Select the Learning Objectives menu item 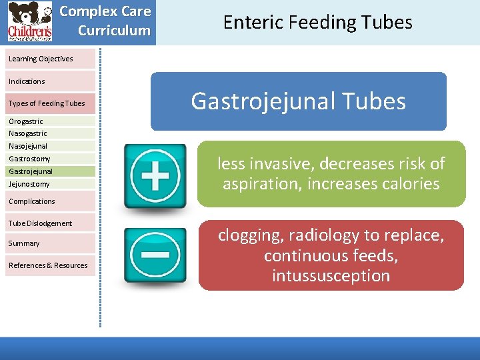[41, 59]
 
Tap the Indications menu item [27, 81]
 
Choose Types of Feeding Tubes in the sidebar [47, 103]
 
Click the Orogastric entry [26, 121]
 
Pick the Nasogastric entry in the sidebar [28, 133]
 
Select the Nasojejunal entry [28, 146]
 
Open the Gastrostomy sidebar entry [29, 159]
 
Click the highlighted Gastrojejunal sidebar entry [31, 171]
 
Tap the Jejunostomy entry [29, 184]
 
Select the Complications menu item [32, 201]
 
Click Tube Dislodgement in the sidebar [40, 223]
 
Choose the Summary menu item [24, 243]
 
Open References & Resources [48, 265]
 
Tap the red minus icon [155, 255]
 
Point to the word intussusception [331, 276]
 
